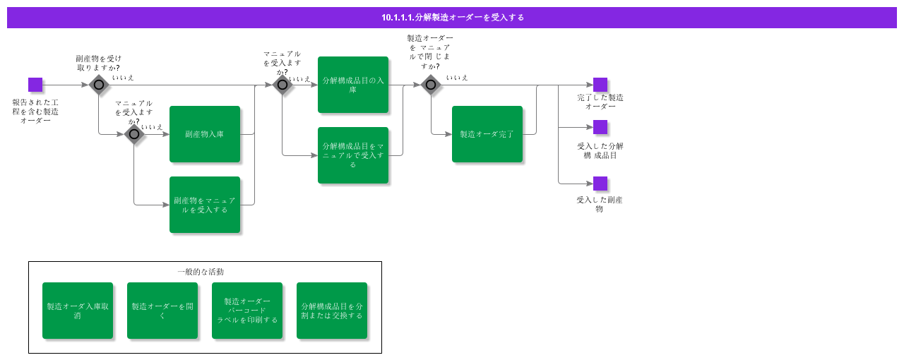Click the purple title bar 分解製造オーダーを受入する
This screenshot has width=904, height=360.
(x=452, y=18)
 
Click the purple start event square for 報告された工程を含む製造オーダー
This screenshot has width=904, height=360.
(x=35, y=85)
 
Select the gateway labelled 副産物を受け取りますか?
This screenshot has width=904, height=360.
(x=99, y=85)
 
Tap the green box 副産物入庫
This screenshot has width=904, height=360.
(x=205, y=134)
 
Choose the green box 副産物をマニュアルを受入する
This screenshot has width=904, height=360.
(x=205, y=205)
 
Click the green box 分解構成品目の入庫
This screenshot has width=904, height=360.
(x=353, y=85)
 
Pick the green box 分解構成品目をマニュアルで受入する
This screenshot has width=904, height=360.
(x=353, y=155)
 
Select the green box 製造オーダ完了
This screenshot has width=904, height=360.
(x=487, y=134)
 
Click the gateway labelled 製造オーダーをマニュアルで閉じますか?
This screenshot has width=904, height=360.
(x=431, y=85)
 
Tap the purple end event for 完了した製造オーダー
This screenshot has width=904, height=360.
(x=600, y=85)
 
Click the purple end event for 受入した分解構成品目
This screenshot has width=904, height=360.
(x=600, y=127)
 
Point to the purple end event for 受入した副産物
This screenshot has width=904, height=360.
(x=600, y=184)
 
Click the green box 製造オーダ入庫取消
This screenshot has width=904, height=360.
(x=78, y=311)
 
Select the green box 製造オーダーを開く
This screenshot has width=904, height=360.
(x=162, y=311)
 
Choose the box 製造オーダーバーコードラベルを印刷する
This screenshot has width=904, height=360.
(x=247, y=311)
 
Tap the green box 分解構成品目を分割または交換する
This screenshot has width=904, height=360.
(x=332, y=311)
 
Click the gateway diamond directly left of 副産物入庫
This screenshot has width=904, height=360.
(x=134, y=134)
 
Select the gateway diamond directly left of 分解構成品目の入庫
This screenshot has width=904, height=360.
(x=282, y=85)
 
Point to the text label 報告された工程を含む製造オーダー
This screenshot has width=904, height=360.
(x=35, y=112)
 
